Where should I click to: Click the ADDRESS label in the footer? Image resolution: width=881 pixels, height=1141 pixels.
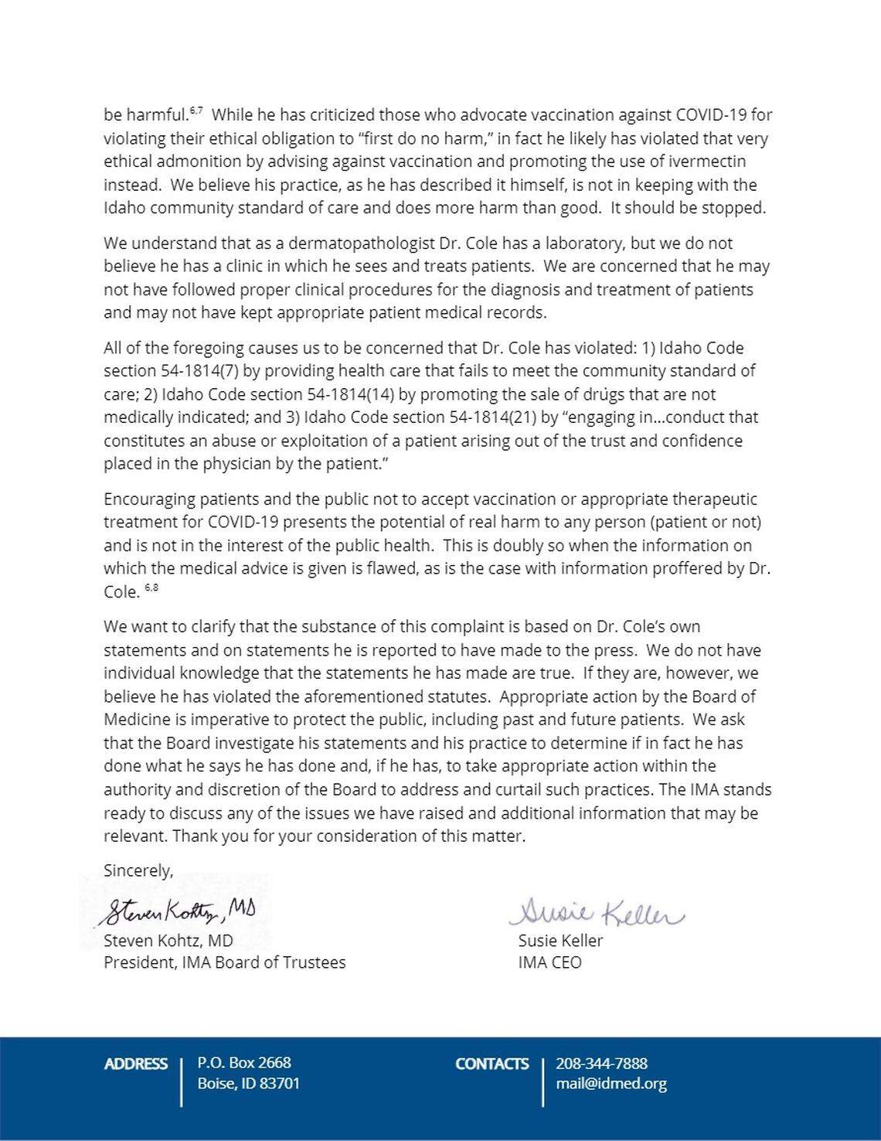coord(135,1064)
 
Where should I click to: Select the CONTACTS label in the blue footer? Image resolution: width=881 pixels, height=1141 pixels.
coord(492,1064)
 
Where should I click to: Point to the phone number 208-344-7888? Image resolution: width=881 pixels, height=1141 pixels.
coord(601,1063)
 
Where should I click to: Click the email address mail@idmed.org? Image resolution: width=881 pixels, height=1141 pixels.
coord(611,1083)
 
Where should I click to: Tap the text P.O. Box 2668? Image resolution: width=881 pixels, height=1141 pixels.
coord(244,1062)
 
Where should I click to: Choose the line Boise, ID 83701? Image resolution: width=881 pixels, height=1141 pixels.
coord(248,1083)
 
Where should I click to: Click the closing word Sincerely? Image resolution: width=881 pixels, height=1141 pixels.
coord(138,870)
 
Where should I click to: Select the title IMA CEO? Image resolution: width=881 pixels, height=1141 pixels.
coord(549,962)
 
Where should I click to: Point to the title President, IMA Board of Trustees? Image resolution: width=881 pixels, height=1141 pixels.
coord(224,962)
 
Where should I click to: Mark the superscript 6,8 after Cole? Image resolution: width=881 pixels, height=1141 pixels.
coord(151,588)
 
